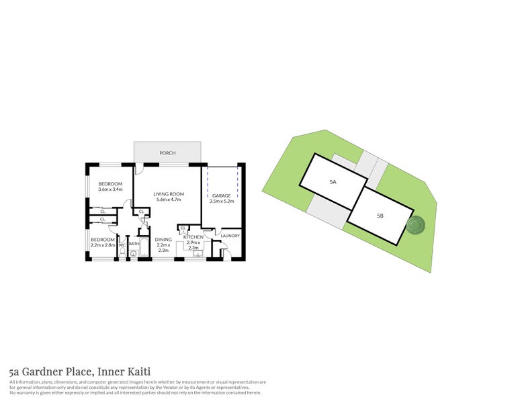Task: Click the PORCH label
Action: click(x=167, y=153)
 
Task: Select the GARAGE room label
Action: click(x=220, y=195)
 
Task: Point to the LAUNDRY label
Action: click(x=230, y=236)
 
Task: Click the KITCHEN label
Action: click(x=193, y=237)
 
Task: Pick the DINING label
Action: click(x=163, y=239)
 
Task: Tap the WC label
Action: click(x=122, y=245)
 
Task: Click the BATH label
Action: click(x=134, y=244)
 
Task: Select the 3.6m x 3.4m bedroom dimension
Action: click(x=110, y=189)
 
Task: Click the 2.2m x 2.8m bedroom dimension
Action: click(x=103, y=245)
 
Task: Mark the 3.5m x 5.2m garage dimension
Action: click(x=220, y=201)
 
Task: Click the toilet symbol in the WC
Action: click(x=122, y=254)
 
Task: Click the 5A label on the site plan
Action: click(x=333, y=182)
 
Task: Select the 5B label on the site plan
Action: click(x=380, y=216)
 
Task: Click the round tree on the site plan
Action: click(x=417, y=226)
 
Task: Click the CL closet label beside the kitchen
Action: click(x=183, y=228)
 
